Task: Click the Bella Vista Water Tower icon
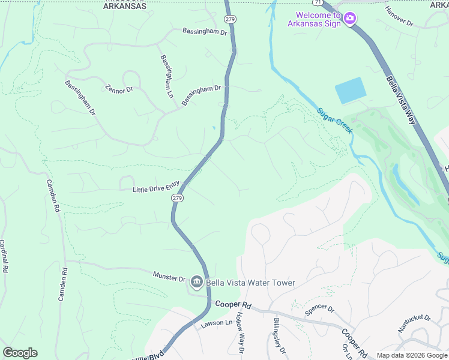coord(196,282)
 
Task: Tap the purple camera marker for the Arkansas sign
coord(350,19)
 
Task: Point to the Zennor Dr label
coord(118,90)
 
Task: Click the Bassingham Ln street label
coord(166,76)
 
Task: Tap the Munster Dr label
coord(169,278)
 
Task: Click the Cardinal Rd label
coord(3,257)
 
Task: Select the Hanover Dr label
coord(400,16)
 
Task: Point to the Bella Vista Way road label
coord(401,100)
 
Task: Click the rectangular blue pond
coord(350,91)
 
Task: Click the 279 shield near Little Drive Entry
coord(176,197)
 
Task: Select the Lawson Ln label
coord(217,323)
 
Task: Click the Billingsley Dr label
coord(280,335)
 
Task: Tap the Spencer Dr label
coord(319,309)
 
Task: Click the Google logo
coord(20,353)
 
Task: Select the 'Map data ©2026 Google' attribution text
coord(412,355)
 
